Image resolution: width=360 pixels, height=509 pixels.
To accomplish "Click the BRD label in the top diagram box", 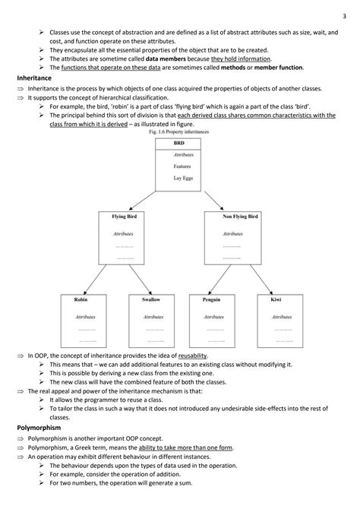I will [x=179, y=143].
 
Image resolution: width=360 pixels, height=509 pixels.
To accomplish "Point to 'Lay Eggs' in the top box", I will [x=182, y=176].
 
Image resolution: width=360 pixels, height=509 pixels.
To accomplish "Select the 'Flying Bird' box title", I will [x=124, y=217].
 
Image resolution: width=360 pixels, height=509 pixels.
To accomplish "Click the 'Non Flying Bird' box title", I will [x=240, y=217].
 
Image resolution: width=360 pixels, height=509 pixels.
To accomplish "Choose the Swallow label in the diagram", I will [x=151, y=300].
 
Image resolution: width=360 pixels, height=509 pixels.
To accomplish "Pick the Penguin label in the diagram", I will [x=212, y=300].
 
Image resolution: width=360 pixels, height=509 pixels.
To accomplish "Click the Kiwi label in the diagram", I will [x=275, y=300].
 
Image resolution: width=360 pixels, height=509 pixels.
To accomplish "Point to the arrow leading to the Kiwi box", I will [x=262, y=282].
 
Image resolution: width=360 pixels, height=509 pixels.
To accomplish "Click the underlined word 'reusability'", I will [x=193, y=356].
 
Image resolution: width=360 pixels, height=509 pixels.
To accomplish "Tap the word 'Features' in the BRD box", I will [x=182, y=166].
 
